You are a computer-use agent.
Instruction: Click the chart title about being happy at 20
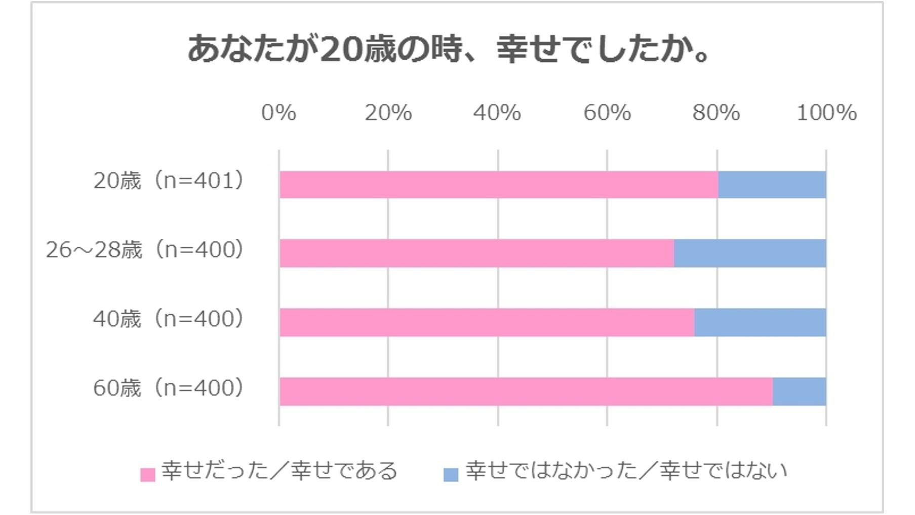pos(449,50)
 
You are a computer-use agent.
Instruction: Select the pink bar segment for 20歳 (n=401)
pos(498,185)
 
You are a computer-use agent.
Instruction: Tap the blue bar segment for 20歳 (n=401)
pos(772,185)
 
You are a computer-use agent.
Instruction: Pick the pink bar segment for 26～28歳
pos(476,253)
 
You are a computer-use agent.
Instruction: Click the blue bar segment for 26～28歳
pos(750,253)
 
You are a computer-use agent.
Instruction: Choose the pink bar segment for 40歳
pos(486,323)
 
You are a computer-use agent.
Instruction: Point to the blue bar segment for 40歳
pos(760,323)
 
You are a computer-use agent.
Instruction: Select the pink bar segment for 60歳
pos(526,392)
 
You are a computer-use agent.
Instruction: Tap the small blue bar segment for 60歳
pos(799,392)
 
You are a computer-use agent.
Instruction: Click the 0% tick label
pos(279,113)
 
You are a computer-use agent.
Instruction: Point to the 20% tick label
pos(388,113)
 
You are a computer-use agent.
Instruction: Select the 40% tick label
pos(497,113)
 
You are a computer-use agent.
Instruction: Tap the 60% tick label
pos(607,113)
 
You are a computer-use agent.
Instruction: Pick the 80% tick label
pos(717,113)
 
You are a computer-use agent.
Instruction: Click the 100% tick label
pos(826,113)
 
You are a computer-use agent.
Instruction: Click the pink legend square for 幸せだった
pos(147,475)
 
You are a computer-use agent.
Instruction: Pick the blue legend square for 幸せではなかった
pos(451,475)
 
